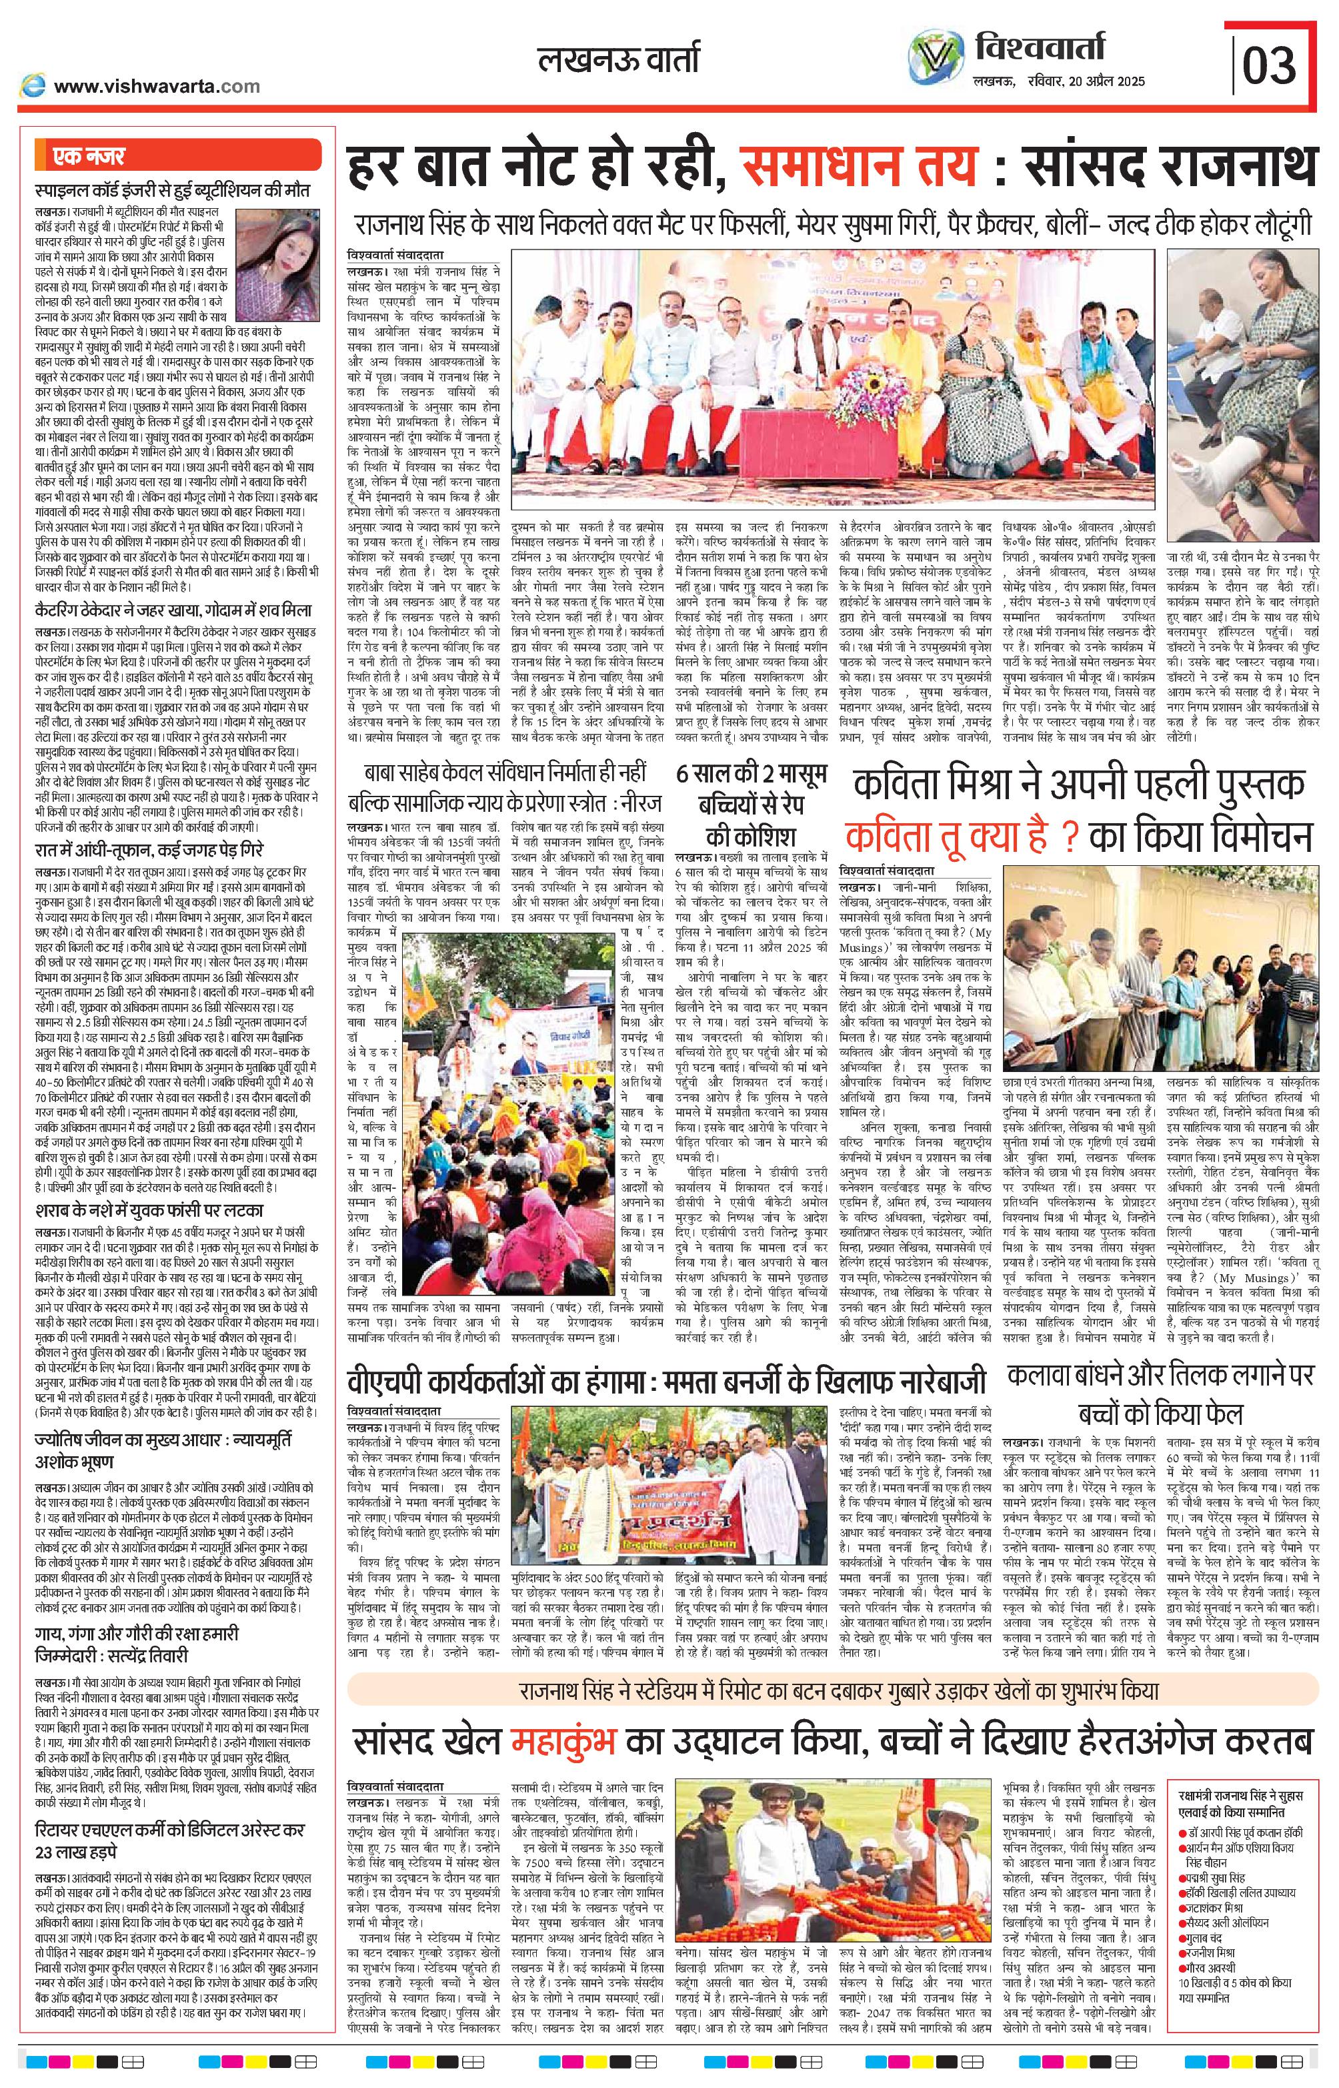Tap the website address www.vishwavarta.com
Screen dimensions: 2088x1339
[157, 85]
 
